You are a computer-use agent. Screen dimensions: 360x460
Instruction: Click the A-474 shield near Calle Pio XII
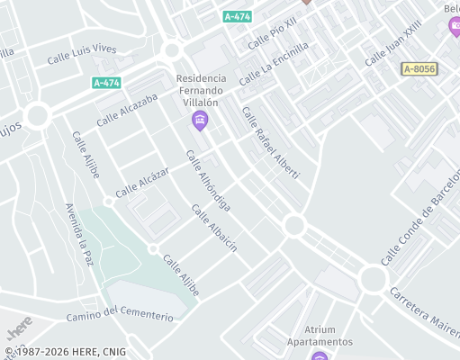tap(238, 16)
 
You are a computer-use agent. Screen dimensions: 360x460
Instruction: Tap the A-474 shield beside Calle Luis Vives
tap(106, 83)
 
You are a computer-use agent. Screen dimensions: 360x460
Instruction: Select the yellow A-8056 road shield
tap(419, 68)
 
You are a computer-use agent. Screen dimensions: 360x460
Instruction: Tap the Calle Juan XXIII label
tap(393, 44)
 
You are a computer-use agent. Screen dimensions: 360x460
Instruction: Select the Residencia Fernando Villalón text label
tap(200, 91)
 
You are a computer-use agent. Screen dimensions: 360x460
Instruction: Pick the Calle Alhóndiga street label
tap(208, 181)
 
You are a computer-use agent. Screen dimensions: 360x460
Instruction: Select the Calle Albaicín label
tap(214, 228)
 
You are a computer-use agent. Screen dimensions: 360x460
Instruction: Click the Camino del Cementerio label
tap(120, 315)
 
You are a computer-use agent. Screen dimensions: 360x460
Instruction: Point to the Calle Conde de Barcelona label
tap(419, 220)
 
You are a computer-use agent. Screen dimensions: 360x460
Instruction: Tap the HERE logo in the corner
tap(19, 326)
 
